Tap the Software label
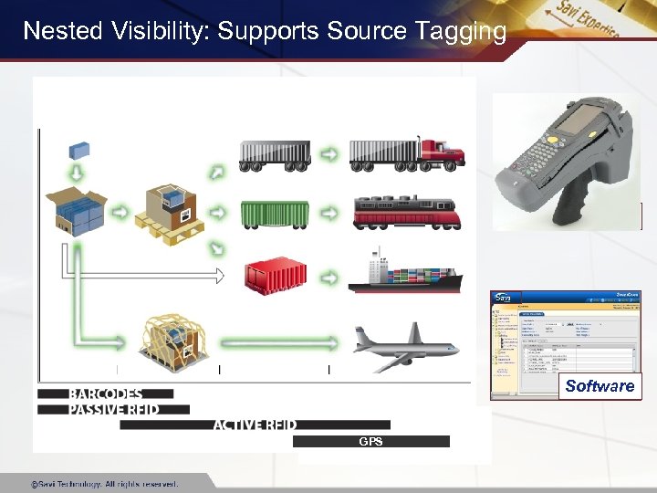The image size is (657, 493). pos(600,386)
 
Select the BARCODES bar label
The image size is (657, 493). pos(106,394)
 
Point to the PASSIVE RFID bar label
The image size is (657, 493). pos(114,409)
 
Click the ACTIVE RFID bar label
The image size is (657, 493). pos(255,425)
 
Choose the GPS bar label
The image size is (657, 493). pos(370,442)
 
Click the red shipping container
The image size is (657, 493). pos(275,274)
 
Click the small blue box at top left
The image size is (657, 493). pos(80,151)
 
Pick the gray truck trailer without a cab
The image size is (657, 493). pos(274,154)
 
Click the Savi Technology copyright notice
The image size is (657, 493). pos(104,484)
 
